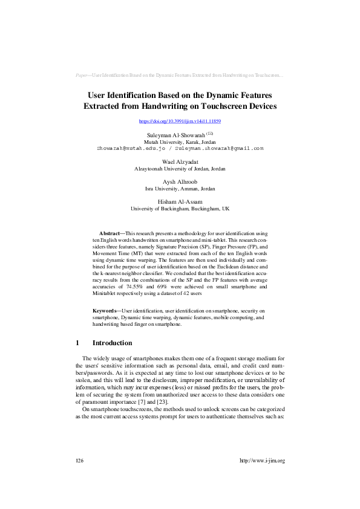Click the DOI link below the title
pyautogui.click(x=180, y=122)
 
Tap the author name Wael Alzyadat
pyautogui.click(x=180, y=162)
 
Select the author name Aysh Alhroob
pyautogui.click(x=180, y=181)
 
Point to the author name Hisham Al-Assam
pyautogui.click(x=180, y=201)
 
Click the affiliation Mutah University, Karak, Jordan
pyautogui.click(x=180, y=141)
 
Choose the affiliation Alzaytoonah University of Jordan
pyautogui.click(x=180, y=169)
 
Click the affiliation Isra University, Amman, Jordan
pyautogui.click(x=180, y=189)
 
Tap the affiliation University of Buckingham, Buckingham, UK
pyautogui.click(x=180, y=209)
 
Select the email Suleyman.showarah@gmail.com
pyautogui.click(x=217, y=148)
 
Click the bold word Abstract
pyautogui.click(x=110, y=233)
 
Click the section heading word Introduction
pyautogui.click(x=112, y=343)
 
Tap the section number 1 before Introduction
pyautogui.click(x=77, y=343)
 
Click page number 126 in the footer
pyautogui.click(x=79, y=460)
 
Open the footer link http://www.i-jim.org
pyautogui.click(x=262, y=460)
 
